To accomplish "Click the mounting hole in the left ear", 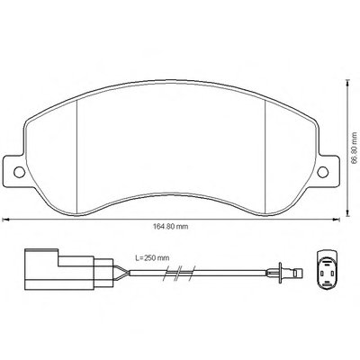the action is (20, 172).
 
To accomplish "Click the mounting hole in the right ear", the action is (323, 172).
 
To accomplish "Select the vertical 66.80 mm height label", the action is (354, 148).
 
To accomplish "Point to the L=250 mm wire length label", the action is (152, 257).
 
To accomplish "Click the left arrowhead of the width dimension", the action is (4, 220).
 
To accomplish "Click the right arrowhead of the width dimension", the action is (337, 220).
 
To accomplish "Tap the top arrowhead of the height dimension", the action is (347, 83).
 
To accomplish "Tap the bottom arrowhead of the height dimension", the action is (347, 213).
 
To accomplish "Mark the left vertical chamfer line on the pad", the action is (77, 157).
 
